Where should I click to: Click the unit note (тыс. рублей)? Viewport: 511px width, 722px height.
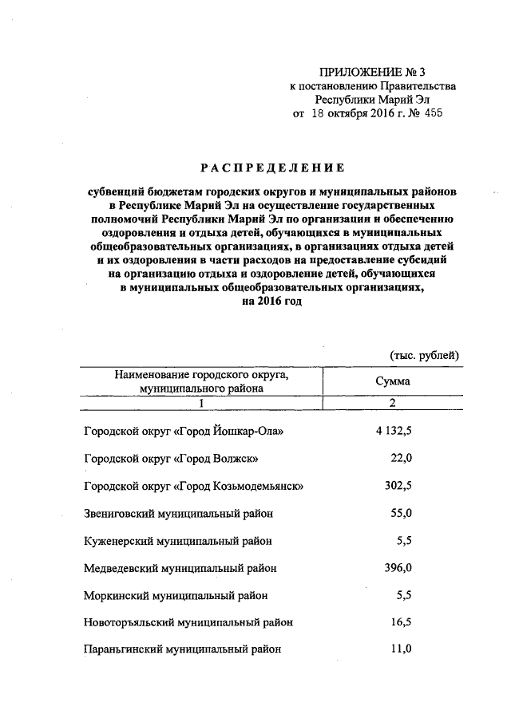click(x=424, y=355)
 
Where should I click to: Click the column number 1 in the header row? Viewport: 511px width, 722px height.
click(x=201, y=403)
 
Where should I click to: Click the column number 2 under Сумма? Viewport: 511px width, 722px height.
click(x=393, y=403)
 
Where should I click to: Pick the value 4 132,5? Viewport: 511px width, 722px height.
click(x=393, y=432)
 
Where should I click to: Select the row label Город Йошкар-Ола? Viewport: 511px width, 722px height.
click(x=184, y=432)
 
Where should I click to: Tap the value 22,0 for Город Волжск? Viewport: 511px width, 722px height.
click(x=399, y=459)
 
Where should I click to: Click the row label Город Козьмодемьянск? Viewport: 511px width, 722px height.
click(x=192, y=486)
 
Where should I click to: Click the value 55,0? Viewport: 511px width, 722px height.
click(x=399, y=513)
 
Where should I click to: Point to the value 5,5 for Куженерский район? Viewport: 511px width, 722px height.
click(x=403, y=540)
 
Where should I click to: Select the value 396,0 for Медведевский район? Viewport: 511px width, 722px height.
click(x=395, y=567)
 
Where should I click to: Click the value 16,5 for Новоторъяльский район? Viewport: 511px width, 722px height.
click(x=399, y=621)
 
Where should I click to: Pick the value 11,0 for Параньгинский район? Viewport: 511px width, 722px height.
click(x=399, y=649)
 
